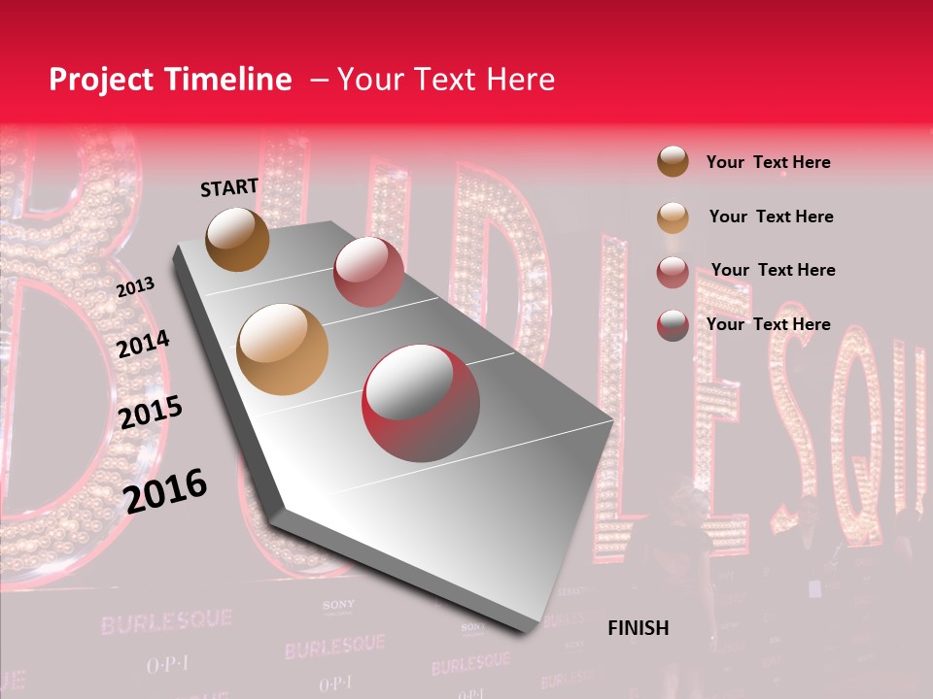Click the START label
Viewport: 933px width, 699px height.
[229, 187]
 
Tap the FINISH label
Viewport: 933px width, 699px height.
[638, 628]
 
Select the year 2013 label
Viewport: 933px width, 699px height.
[135, 287]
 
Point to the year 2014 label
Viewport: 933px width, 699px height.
[143, 344]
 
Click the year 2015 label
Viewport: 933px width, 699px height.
[150, 413]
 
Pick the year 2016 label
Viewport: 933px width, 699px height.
[165, 491]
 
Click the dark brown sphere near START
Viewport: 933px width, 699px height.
[237, 239]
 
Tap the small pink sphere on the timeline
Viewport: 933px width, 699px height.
[367, 272]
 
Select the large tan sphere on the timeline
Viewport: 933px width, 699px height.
[283, 349]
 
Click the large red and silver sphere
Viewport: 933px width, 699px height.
[421, 402]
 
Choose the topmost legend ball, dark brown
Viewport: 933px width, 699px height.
[673, 161]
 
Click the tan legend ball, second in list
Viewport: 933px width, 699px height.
[673, 216]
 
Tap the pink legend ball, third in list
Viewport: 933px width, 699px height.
[673, 272]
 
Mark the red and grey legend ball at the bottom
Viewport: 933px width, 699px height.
[673, 324]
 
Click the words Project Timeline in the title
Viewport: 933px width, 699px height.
[170, 80]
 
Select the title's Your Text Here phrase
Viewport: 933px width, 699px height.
[445, 80]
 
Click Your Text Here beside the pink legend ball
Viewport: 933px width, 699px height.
[773, 270]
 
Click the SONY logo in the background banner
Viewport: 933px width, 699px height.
[338, 605]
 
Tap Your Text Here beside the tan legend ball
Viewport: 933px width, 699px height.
[771, 216]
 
